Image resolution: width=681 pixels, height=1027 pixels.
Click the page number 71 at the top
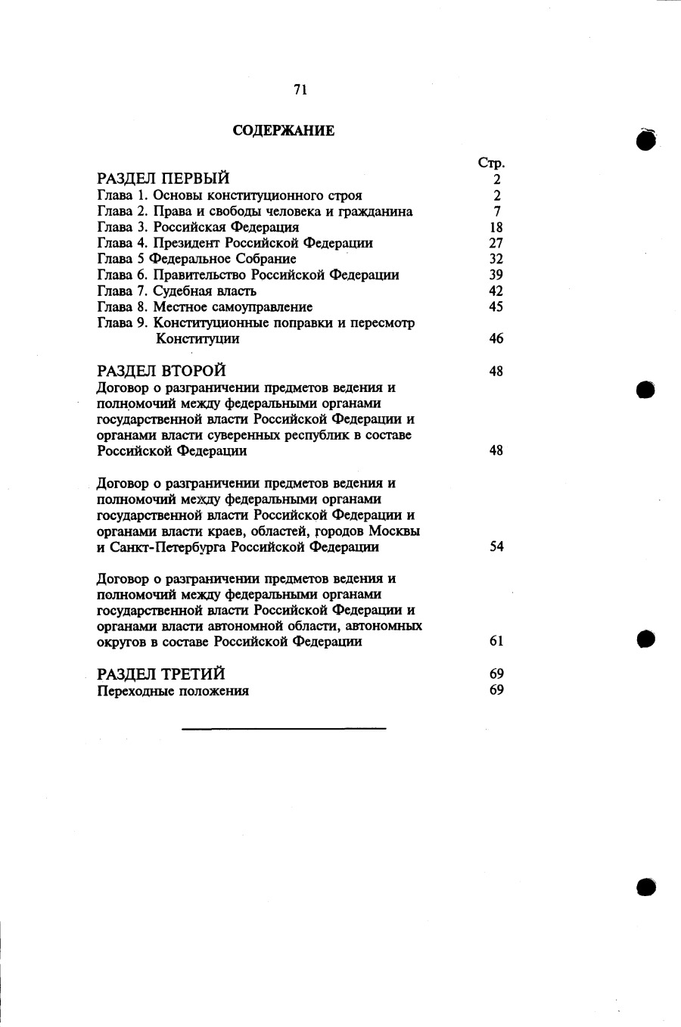pyautogui.click(x=300, y=90)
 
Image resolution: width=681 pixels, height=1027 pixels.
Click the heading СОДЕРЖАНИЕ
pyautogui.click(x=284, y=131)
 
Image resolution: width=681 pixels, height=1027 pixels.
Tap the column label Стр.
pyautogui.click(x=491, y=163)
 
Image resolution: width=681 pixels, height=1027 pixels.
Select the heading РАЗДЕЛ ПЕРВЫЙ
pyautogui.click(x=163, y=179)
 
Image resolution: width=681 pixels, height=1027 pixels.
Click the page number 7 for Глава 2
pyautogui.click(x=496, y=211)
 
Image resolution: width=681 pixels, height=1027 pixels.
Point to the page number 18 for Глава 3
pyautogui.click(x=496, y=227)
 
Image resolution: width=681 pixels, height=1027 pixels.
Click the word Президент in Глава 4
pyautogui.click(x=188, y=243)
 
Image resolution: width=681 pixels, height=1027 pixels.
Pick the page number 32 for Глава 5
pyautogui.click(x=496, y=259)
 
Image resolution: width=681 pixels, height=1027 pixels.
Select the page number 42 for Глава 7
pyautogui.click(x=496, y=291)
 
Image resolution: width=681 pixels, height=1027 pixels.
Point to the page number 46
pyautogui.click(x=496, y=338)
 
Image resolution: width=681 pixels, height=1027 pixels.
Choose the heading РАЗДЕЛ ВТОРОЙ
pyautogui.click(x=162, y=371)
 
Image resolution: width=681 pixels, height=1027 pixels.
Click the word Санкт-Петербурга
pyautogui.click(x=168, y=547)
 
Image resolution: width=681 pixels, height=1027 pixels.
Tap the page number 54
pyautogui.click(x=496, y=546)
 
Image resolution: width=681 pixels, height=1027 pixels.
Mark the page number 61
pyautogui.click(x=496, y=641)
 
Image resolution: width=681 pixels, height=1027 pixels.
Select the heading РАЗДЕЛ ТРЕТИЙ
pyautogui.click(x=162, y=674)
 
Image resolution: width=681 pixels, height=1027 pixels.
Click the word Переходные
pyautogui.click(x=135, y=691)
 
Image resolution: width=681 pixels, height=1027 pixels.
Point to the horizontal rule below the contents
pyautogui.click(x=284, y=729)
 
